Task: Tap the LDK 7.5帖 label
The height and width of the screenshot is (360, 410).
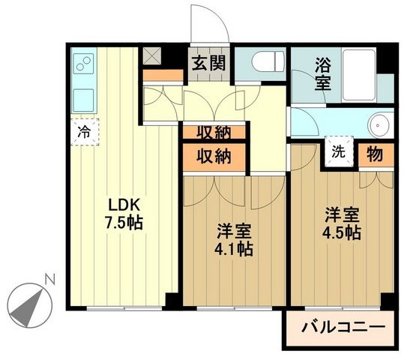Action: pyautogui.click(x=124, y=213)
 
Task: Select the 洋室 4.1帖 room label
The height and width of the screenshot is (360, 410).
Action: pyautogui.click(x=234, y=239)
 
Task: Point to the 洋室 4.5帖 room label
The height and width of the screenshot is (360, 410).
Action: pyautogui.click(x=343, y=223)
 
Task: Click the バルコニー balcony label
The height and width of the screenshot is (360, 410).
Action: pyautogui.click(x=344, y=328)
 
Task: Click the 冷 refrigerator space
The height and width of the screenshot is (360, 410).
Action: pyautogui.click(x=85, y=131)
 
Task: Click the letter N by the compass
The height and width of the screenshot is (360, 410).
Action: pyautogui.click(x=49, y=280)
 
